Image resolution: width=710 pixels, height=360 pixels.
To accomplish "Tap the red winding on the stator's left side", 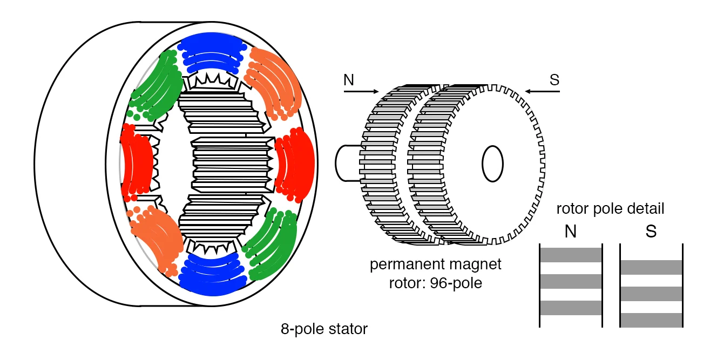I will coord(136,161).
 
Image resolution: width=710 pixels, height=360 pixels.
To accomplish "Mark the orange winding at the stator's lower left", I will coord(154,237).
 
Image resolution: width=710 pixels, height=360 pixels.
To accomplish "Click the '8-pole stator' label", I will coord(324,329).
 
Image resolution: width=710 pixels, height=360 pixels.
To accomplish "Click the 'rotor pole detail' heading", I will coord(610,209).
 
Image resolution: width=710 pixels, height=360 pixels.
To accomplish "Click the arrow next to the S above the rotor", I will coord(543,92).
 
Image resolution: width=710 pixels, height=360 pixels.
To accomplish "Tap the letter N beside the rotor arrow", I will coord(349,80).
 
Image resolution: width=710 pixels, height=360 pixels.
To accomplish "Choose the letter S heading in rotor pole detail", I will coord(651,232).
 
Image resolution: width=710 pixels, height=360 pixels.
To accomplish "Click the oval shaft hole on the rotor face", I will coord(492,164).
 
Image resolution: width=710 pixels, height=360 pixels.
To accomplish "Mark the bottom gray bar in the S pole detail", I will coord(651,320).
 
